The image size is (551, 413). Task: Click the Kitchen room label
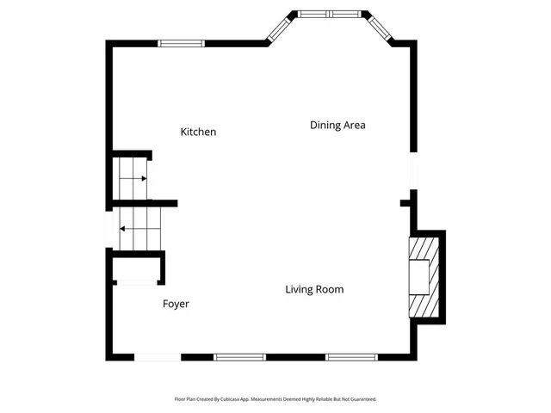click(198, 133)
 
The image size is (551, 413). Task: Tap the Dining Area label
click(337, 126)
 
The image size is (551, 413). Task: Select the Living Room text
click(314, 290)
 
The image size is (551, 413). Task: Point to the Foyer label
click(176, 305)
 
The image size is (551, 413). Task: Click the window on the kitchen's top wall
click(182, 42)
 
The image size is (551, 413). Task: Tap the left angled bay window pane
click(280, 28)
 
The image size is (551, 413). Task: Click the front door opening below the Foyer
click(158, 357)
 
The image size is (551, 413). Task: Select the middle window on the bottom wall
click(239, 357)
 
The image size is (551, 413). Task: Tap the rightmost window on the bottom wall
click(351, 357)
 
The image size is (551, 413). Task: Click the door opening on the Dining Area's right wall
click(413, 169)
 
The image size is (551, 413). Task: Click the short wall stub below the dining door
click(406, 204)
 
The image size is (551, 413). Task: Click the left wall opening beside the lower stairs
click(108, 230)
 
